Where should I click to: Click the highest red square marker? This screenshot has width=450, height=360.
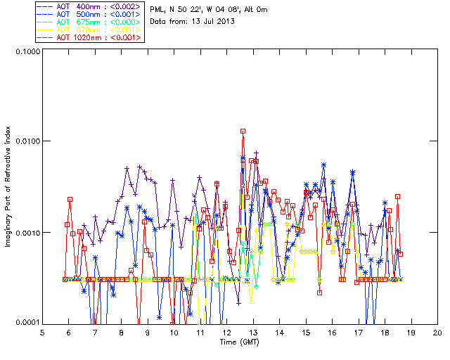tap(243, 131)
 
